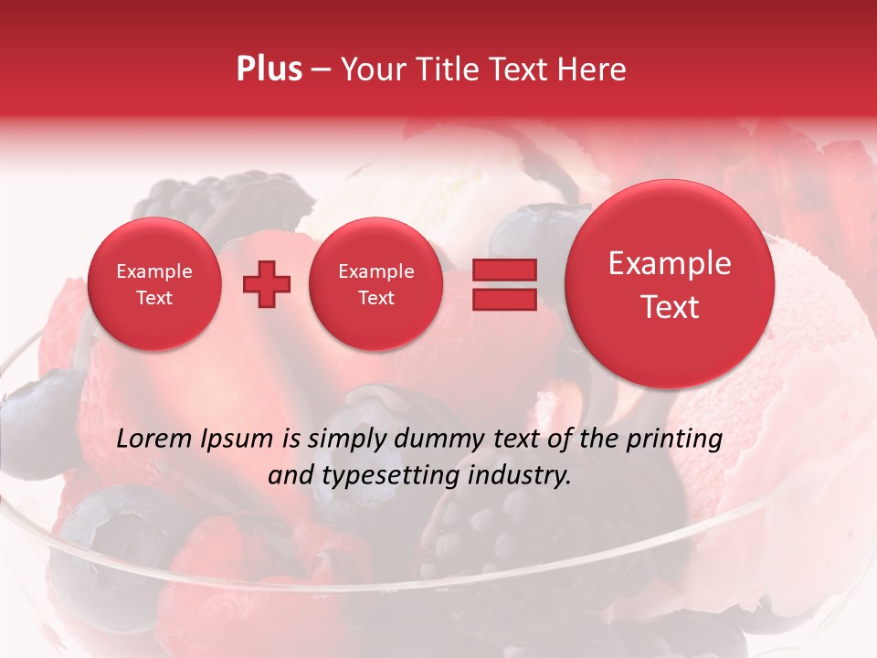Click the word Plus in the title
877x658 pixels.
pyautogui.click(x=269, y=69)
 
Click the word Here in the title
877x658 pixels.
pyautogui.click(x=593, y=69)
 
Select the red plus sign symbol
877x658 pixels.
pyautogui.click(x=266, y=284)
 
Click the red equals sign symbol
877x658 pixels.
pyautogui.click(x=504, y=284)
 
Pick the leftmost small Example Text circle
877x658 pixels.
pyautogui.click(x=153, y=284)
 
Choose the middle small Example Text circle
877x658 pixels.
pyautogui.click(x=375, y=284)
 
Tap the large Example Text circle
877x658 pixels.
pyautogui.click(x=670, y=284)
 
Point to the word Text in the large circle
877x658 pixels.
pyautogui.click(x=670, y=307)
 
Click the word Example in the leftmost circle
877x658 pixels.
pyautogui.click(x=153, y=271)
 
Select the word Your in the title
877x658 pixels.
pyautogui.click(x=369, y=69)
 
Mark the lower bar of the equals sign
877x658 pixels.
pyautogui.click(x=504, y=300)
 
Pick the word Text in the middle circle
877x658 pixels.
pyautogui.click(x=375, y=298)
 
